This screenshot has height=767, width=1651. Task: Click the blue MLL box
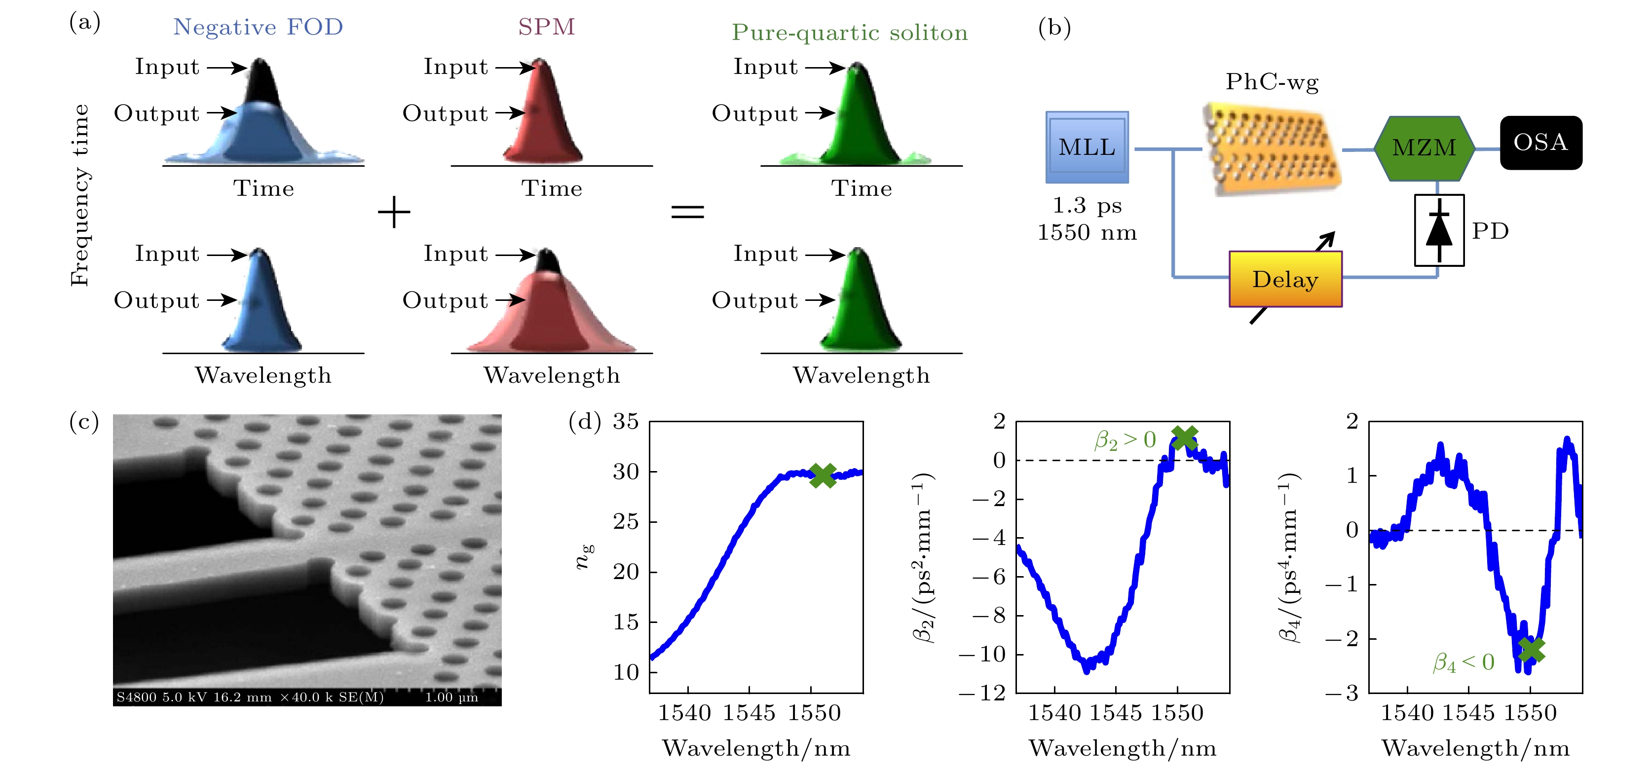point(1087,147)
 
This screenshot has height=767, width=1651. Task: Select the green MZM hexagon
point(1424,148)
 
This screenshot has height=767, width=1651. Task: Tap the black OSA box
point(1541,142)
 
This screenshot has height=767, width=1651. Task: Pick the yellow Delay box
point(1285,279)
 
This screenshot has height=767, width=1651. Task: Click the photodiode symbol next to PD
point(1439,230)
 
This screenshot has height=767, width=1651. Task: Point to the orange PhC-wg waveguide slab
point(1272,148)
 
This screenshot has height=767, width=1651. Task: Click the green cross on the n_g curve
point(823,475)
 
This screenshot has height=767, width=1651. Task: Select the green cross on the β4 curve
point(1531,650)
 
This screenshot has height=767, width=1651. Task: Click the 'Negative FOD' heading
point(258,27)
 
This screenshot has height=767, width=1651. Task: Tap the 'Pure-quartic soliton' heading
point(850,33)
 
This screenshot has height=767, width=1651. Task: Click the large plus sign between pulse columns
point(394,212)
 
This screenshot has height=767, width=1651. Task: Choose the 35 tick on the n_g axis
point(626,422)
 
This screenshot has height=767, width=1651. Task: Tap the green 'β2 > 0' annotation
point(1125,439)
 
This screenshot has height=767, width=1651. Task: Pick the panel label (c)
point(84,422)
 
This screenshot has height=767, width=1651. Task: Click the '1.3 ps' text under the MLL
point(1087,205)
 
